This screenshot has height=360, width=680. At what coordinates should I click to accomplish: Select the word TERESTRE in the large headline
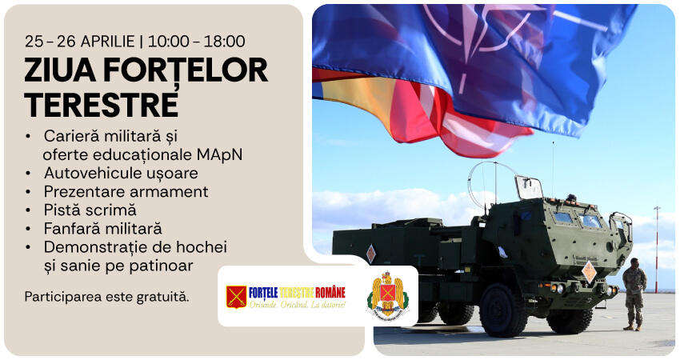tap(101, 104)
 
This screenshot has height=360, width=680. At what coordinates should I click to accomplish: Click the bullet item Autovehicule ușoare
tap(121, 173)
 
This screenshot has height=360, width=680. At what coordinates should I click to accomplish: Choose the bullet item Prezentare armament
tap(126, 191)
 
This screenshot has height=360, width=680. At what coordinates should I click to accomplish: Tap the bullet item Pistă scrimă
tap(90, 210)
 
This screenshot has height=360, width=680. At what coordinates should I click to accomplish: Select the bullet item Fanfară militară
tap(102, 228)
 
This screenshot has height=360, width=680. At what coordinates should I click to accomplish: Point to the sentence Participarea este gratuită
tap(106, 297)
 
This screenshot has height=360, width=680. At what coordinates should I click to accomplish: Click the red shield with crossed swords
tap(236, 297)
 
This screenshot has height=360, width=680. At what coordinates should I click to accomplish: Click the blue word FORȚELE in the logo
tap(267, 292)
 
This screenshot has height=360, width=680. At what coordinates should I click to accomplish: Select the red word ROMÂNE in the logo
tap(330, 292)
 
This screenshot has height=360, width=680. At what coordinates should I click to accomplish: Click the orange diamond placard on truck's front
tap(589, 270)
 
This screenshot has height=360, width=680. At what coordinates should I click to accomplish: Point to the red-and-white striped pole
tap(656, 248)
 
